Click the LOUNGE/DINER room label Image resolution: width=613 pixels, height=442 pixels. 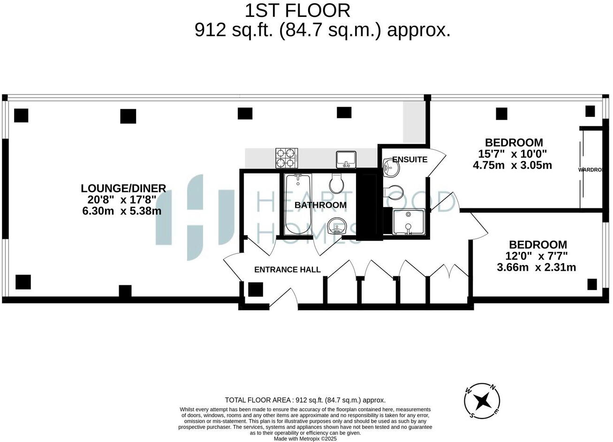[123, 188]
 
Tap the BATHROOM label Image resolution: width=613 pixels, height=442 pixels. [320, 205]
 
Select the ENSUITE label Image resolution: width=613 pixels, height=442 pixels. [409, 160]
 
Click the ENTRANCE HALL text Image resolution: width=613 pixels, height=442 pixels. [287, 269]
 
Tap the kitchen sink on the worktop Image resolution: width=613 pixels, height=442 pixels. [346, 159]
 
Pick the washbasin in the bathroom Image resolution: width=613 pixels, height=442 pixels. [338, 226]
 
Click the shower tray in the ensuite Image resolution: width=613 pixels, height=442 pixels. [408, 222]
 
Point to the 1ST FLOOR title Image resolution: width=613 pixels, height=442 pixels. [297, 10]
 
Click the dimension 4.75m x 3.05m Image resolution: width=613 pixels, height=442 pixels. [513, 165]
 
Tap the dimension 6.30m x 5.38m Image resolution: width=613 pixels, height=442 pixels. [121, 211]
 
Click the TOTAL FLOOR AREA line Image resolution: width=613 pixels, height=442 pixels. [305, 400]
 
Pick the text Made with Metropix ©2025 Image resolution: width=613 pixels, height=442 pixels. [305, 439]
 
